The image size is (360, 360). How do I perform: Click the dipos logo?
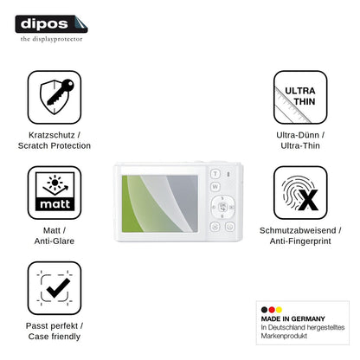click(51, 24)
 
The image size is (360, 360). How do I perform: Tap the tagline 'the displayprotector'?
click(51, 39)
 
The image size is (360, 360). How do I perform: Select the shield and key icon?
click(55, 97)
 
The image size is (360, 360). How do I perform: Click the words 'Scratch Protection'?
click(55, 145)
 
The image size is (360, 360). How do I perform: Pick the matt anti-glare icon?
click(55, 193)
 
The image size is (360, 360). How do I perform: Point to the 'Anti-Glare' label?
click(55, 241)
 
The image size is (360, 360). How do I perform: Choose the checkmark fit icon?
click(55, 288)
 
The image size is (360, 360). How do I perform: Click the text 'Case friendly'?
click(55, 337)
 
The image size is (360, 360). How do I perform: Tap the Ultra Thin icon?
click(300, 97)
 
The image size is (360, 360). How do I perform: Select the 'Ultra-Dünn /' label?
click(300, 135)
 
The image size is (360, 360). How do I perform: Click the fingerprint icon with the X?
click(300, 193)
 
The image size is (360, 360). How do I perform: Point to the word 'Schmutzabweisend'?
click(298, 230)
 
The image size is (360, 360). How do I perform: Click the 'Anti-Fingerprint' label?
click(300, 241)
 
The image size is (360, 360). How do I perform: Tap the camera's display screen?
click(160, 203)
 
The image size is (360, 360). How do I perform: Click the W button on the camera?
click(215, 187)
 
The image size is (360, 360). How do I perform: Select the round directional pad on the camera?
click(222, 207)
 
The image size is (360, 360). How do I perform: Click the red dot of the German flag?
click(272, 310)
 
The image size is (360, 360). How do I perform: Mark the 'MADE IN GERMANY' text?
click(293, 318)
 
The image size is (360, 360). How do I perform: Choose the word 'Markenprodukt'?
click(284, 336)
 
